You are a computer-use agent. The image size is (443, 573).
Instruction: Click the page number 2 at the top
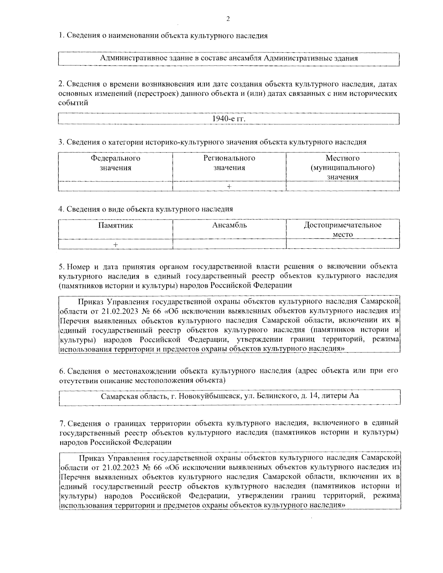[x=228, y=19]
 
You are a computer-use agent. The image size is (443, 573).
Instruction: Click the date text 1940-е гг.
[x=229, y=119]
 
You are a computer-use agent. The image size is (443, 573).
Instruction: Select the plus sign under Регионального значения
[x=229, y=187]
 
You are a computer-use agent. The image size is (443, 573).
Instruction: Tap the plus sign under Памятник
[x=116, y=245]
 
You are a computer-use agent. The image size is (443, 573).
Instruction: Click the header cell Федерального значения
[x=116, y=163]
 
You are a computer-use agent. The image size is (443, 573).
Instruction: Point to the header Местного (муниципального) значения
[x=343, y=168]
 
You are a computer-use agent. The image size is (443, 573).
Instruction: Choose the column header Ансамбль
[x=229, y=225]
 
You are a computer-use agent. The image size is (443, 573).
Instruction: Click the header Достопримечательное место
[x=343, y=229]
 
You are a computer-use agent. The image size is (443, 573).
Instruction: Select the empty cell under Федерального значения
[x=116, y=187]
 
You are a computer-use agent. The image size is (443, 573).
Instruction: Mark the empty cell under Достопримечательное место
[x=343, y=245]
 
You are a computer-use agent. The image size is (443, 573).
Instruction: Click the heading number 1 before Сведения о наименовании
[x=61, y=36]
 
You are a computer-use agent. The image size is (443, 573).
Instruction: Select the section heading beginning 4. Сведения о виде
[x=146, y=209]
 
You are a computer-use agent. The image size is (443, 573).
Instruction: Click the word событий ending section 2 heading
[x=73, y=103]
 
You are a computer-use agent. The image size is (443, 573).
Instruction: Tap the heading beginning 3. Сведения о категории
[x=212, y=142]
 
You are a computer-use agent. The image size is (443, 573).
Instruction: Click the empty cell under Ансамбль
[x=229, y=245]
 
